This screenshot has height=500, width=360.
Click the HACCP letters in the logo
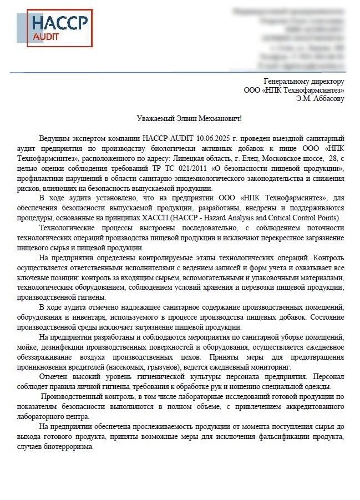pyautogui.click(x=59, y=23)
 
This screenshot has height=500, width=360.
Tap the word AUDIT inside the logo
pyautogui.click(x=45, y=37)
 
